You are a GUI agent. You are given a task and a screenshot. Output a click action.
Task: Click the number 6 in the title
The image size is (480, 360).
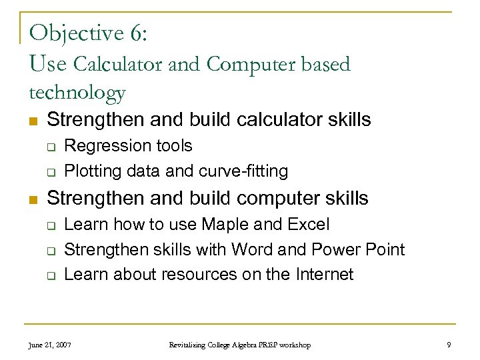[x=136, y=33]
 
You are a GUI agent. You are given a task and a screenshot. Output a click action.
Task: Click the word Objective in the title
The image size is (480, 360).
[x=75, y=33]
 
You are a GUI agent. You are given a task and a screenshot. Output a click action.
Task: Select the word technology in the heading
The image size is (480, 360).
[x=77, y=93]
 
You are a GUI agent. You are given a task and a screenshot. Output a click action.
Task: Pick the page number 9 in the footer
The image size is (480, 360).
[x=449, y=345]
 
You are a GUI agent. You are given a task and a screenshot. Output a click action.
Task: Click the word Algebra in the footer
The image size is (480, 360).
[x=240, y=345]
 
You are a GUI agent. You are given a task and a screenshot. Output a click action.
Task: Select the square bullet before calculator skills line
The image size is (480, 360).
[x=32, y=121]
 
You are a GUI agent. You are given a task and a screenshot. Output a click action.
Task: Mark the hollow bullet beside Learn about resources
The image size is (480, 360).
[x=51, y=275]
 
